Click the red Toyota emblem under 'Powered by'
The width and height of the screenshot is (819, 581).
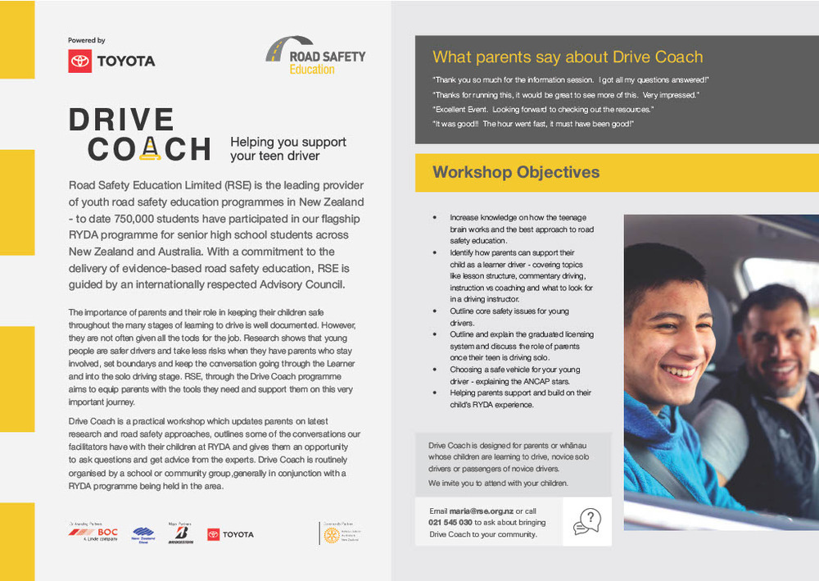pos(80,61)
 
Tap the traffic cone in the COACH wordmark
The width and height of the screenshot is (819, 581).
pos(149,148)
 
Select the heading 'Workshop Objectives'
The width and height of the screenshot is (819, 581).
pos(516,172)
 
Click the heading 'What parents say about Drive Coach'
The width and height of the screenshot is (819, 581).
pos(568,57)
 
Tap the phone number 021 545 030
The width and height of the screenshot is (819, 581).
pos(450,523)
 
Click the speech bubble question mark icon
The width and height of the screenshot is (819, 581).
pos(587,521)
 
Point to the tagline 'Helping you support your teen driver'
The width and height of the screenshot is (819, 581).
pos(287,148)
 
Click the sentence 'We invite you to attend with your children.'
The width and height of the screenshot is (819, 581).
pos(498,483)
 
